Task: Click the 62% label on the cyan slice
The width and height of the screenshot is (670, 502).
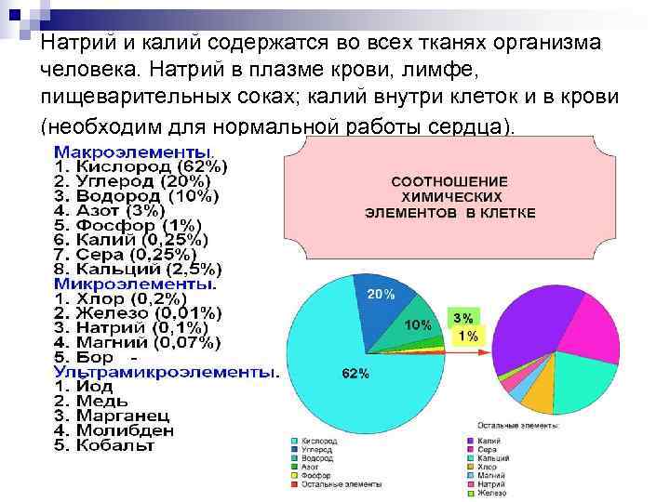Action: (x=355, y=374)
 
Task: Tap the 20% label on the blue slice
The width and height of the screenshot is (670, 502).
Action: (x=382, y=294)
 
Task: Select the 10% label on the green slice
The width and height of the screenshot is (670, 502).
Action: (x=416, y=324)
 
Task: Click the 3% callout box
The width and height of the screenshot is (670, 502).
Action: (x=462, y=317)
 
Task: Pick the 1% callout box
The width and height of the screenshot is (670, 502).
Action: (x=468, y=336)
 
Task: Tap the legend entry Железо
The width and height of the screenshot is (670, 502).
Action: (x=489, y=494)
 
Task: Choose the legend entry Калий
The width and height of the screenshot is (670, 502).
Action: (x=487, y=441)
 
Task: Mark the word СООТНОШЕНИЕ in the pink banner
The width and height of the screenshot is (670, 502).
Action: (x=449, y=181)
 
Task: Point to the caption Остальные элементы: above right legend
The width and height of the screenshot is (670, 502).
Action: (x=519, y=425)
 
